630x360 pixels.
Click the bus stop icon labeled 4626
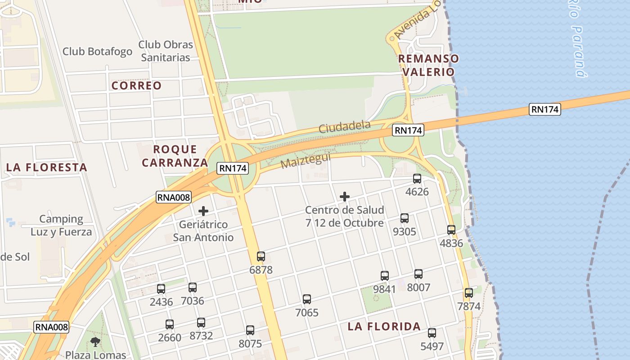click(x=417, y=179)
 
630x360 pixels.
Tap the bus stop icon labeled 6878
click(x=261, y=256)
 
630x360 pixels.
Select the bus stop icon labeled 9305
click(x=405, y=218)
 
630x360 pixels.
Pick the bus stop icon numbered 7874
click(x=469, y=293)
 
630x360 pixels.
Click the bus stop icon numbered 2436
click(x=161, y=289)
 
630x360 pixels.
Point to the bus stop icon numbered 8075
click(x=250, y=330)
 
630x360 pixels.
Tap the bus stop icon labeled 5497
click(x=432, y=333)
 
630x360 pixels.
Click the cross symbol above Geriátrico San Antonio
click(x=203, y=211)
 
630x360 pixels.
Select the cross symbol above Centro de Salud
click(x=345, y=197)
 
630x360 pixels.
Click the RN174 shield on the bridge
click(x=545, y=109)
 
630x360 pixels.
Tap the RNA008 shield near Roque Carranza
click(x=174, y=197)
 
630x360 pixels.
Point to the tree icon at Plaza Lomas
click(x=95, y=342)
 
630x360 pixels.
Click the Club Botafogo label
click(x=97, y=51)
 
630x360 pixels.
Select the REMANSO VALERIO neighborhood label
click(x=428, y=65)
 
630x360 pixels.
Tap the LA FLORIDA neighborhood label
click(x=384, y=327)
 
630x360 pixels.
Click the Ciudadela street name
click(x=344, y=127)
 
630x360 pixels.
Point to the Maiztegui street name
click(x=306, y=160)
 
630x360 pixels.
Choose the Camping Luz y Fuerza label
click(x=61, y=225)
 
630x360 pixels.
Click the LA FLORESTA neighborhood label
click(x=46, y=167)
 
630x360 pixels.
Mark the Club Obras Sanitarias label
click(x=166, y=51)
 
